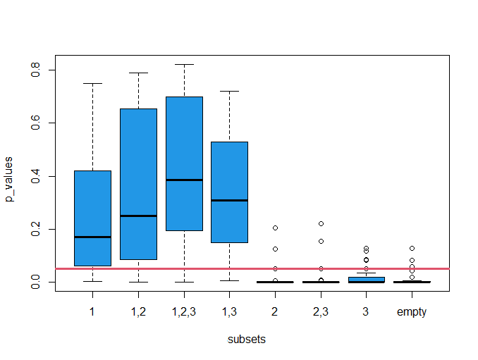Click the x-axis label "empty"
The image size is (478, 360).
[x=412, y=312]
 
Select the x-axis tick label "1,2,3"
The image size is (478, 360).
[x=184, y=312]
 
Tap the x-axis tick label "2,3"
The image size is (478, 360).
[x=321, y=312]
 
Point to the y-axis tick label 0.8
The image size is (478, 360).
[x=36, y=70]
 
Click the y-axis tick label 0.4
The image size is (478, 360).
[x=36, y=176]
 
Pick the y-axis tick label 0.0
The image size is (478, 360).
[x=36, y=282]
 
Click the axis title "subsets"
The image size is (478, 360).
[x=246, y=340]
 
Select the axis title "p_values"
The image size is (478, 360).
[x=8, y=179]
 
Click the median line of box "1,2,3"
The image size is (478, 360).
[x=184, y=180]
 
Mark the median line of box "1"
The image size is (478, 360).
[x=92, y=237]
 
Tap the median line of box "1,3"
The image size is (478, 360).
[x=230, y=200]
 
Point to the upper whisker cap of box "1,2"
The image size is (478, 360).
[x=138, y=73]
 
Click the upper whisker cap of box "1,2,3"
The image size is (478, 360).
[x=184, y=65]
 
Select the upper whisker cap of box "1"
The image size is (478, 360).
[x=92, y=83]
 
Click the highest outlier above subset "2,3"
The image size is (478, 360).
[x=321, y=223]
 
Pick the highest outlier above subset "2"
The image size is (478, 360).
[x=275, y=228]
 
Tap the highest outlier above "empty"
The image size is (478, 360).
[x=412, y=248]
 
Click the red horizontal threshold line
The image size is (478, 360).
[x=252, y=268]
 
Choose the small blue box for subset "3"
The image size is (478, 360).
[x=366, y=280]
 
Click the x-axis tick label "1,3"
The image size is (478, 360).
[x=229, y=312]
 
